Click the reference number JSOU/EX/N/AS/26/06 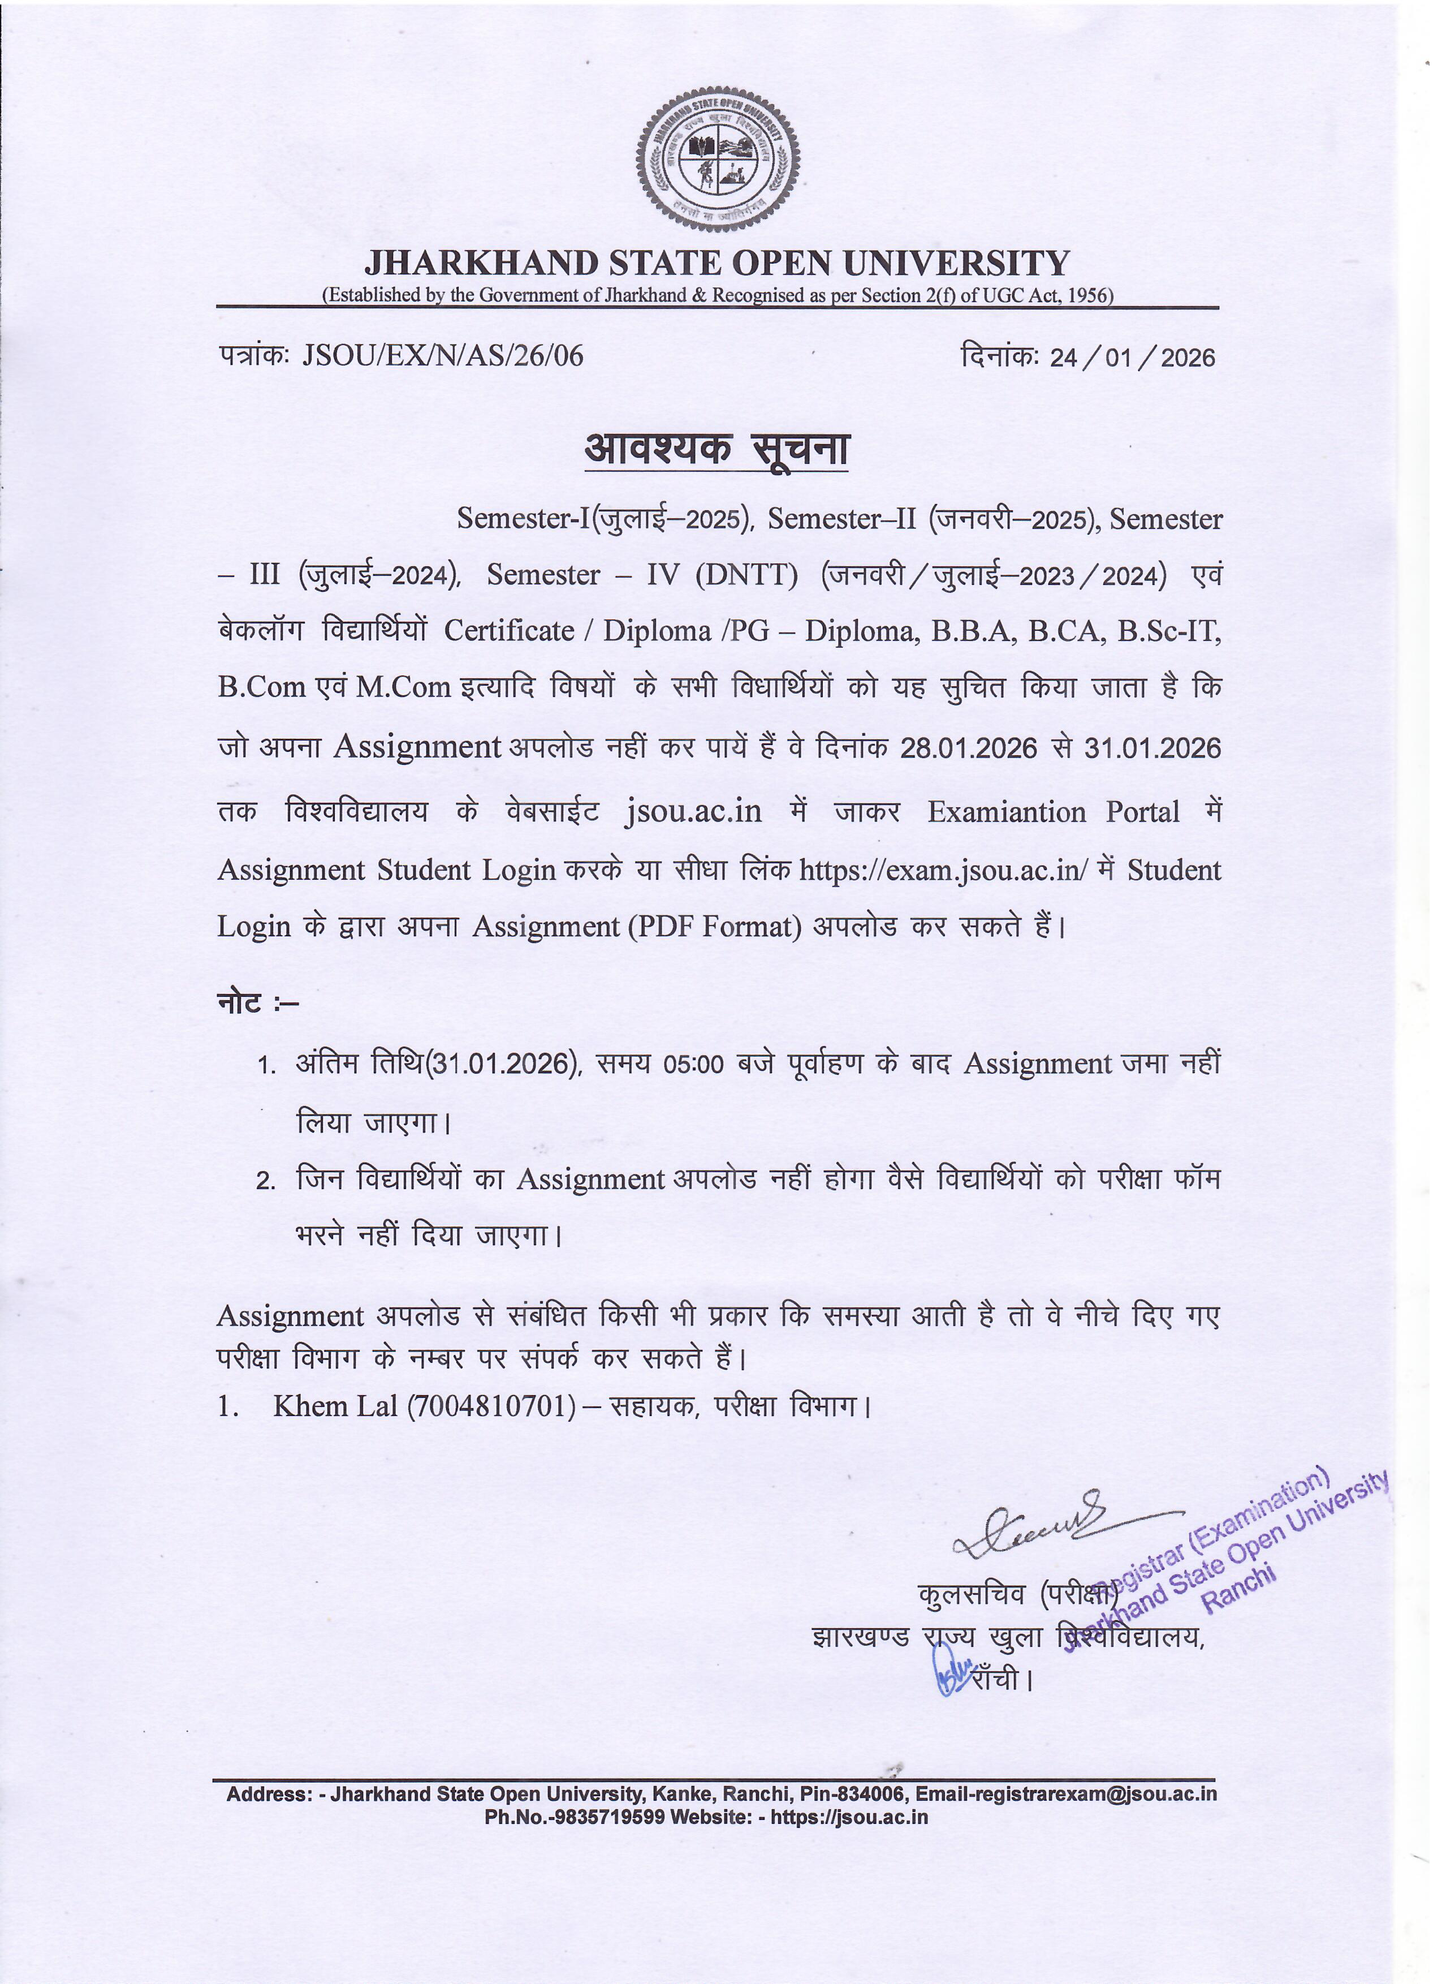click(442, 356)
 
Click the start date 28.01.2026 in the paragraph click(968, 748)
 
